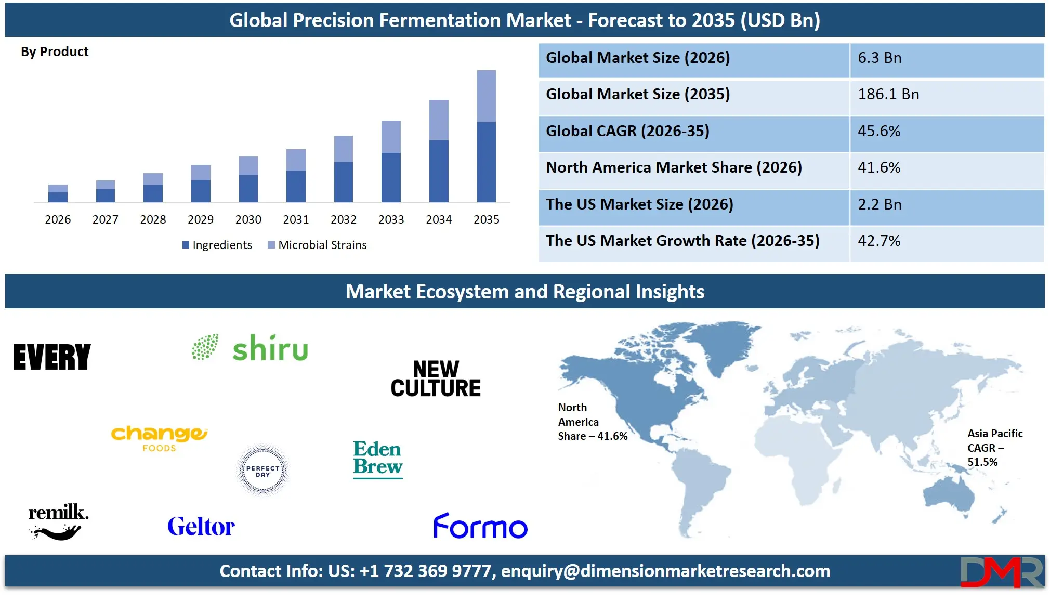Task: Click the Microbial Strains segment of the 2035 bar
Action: pyautogui.click(x=486, y=96)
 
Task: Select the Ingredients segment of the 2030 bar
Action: pyautogui.click(x=248, y=188)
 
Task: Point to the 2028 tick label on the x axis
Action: pyautogui.click(x=153, y=219)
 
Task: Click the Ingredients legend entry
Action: pyautogui.click(x=217, y=245)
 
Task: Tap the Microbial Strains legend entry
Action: pyautogui.click(x=317, y=245)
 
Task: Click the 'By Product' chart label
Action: pyautogui.click(x=55, y=51)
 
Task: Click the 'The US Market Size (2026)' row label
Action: pyautogui.click(x=639, y=204)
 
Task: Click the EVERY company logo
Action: pyautogui.click(x=52, y=357)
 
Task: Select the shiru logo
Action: pyautogui.click(x=250, y=348)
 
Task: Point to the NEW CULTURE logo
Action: pyautogui.click(x=436, y=379)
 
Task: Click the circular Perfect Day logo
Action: pyautogui.click(x=263, y=471)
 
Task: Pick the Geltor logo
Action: pyautogui.click(x=201, y=527)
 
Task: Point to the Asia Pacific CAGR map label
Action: pyautogui.click(x=994, y=448)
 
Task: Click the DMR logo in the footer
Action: pyautogui.click(x=1001, y=572)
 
